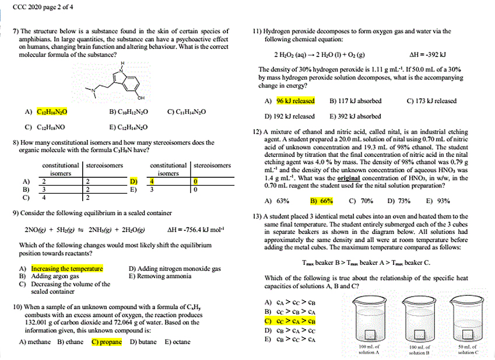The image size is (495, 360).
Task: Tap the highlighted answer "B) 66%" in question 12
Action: [x=321, y=201]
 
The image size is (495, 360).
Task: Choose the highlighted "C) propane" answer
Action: [x=107, y=342]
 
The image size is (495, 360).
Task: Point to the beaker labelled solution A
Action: [x=369, y=321]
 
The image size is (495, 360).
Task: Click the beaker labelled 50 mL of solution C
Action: [x=468, y=321]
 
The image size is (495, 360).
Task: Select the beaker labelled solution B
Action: [x=419, y=321]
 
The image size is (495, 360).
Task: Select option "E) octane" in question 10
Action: [x=177, y=342]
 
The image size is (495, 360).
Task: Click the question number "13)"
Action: [x=257, y=216]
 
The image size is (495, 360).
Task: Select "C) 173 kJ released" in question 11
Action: [x=431, y=101]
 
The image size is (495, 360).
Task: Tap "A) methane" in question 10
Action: [x=35, y=342]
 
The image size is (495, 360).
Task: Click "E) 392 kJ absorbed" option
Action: [x=356, y=116]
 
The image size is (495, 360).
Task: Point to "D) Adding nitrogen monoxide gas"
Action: [x=174, y=269]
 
